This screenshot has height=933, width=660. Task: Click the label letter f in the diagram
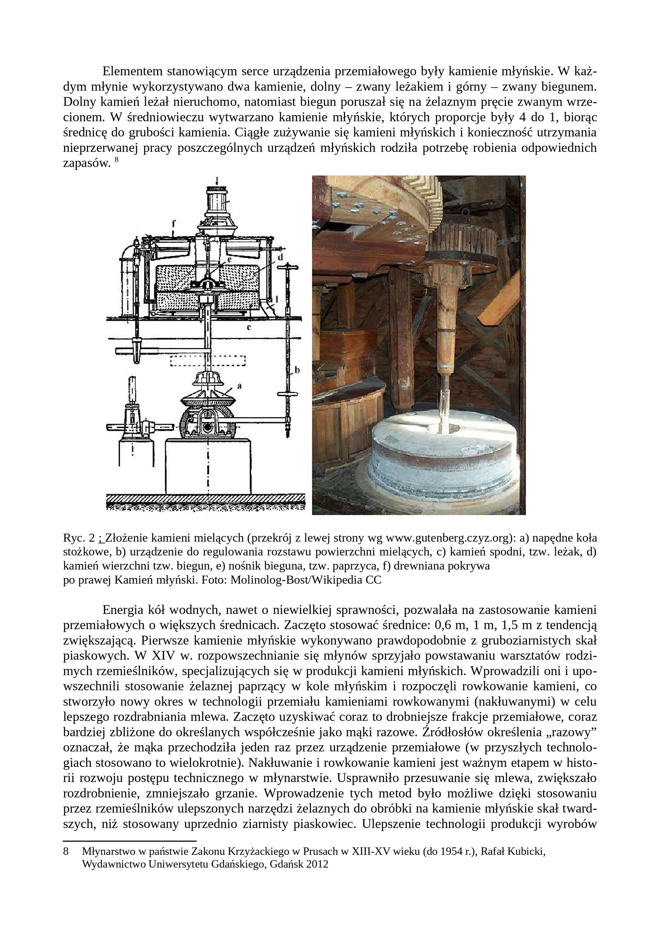pos(173,223)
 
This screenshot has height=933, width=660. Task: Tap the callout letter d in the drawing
pos(280,257)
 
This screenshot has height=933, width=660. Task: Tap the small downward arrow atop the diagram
pos(217,180)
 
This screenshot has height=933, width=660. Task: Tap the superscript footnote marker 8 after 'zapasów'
pos(116,161)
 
